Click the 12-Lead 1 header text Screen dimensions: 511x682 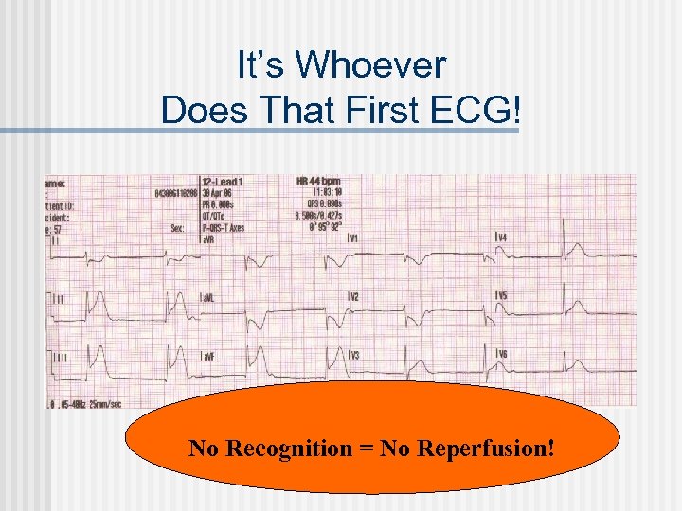tap(223, 181)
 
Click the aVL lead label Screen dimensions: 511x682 tap(207, 297)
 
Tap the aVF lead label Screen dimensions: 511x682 tap(207, 355)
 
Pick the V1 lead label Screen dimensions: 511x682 tap(352, 238)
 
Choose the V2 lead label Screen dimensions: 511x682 tap(352, 297)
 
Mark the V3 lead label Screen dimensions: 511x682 tap(352, 355)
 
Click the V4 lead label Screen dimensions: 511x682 tap(500, 237)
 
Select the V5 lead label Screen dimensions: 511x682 tap(500, 296)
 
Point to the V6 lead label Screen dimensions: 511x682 tap(500, 354)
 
